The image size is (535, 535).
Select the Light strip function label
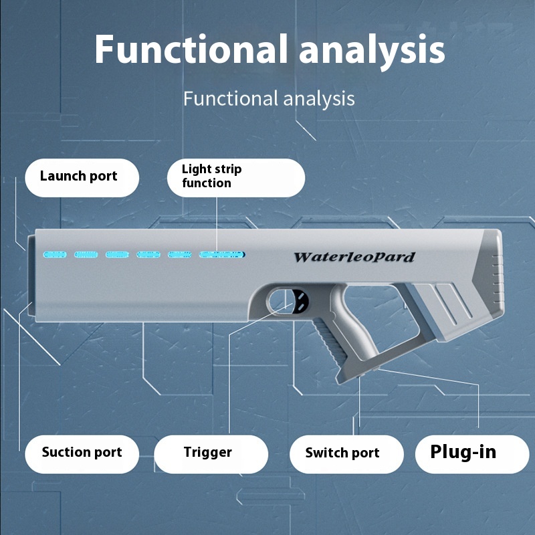click(x=235, y=177)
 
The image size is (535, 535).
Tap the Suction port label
click(x=82, y=453)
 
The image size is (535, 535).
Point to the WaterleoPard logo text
click(x=354, y=257)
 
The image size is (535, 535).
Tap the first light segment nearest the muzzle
click(x=55, y=255)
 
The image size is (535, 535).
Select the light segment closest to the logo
click(x=222, y=255)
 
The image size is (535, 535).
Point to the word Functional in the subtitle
click(x=229, y=99)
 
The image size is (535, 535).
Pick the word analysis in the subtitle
click(x=318, y=99)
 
